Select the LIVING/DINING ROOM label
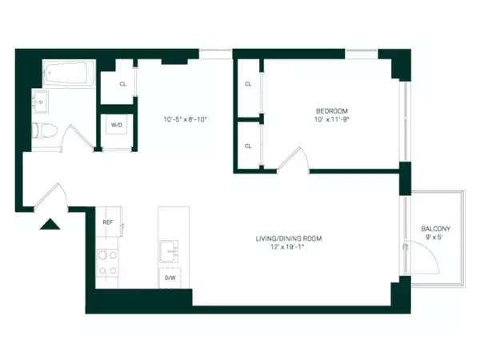[290, 238]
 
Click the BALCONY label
[437, 230]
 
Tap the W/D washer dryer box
[117, 126]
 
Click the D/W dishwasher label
[170, 278]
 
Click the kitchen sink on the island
[171, 252]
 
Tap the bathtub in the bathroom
[67, 76]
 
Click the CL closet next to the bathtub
[122, 83]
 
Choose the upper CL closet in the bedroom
[249, 83]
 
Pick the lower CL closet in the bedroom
[249, 146]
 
